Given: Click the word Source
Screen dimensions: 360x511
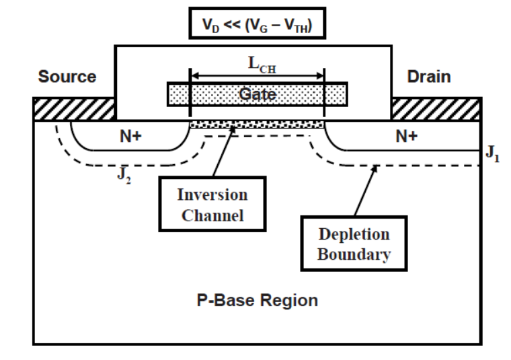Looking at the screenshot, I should click(x=67, y=77).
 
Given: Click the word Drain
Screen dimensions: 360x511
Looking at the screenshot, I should click(x=429, y=77).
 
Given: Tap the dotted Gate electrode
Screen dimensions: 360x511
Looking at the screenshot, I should click(x=257, y=94).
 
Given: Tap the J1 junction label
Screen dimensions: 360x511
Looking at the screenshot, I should click(x=492, y=156).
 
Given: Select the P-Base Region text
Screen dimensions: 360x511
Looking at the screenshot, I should click(x=258, y=301).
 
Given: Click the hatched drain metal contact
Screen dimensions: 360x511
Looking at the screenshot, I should click(x=436, y=108).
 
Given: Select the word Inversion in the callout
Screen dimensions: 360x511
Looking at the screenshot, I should click(x=212, y=196).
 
